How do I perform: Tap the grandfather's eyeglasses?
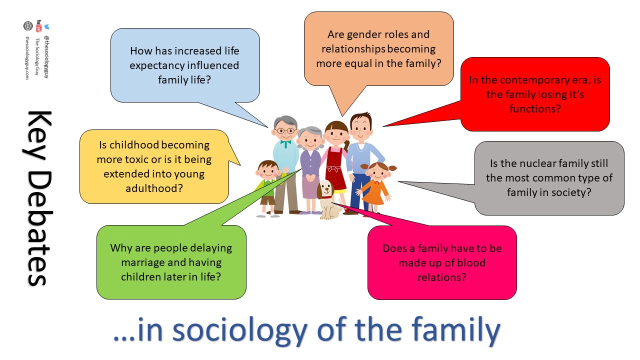pos(286,131)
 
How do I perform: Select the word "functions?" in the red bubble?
pos(535,108)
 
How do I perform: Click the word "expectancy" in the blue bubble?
pos(157,65)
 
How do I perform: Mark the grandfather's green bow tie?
pos(285,143)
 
